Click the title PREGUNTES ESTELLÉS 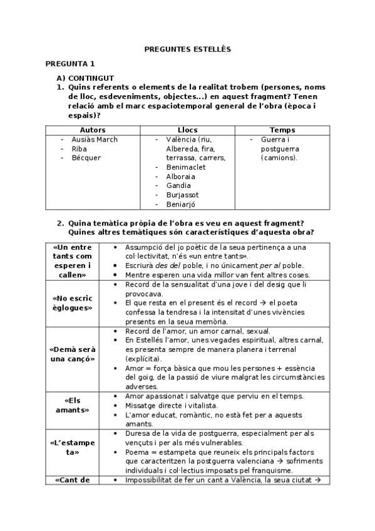[x=188, y=48]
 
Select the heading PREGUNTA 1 [x=70, y=64]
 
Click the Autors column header [x=93, y=130]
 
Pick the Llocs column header [x=187, y=130]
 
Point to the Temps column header [x=282, y=130]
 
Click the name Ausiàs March [x=95, y=140]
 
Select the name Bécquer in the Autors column [x=86, y=158]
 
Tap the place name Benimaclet [x=187, y=167]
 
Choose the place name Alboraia [x=181, y=177]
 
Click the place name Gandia [x=178, y=185]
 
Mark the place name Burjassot [x=183, y=195]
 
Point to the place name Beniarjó [x=182, y=204]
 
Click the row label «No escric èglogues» [x=72, y=303]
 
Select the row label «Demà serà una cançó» [x=72, y=354]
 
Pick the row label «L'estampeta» [x=72, y=447]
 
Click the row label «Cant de [x=73, y=480]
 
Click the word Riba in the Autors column [x=80, y=149]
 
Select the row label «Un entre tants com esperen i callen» [x=72, y=261]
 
